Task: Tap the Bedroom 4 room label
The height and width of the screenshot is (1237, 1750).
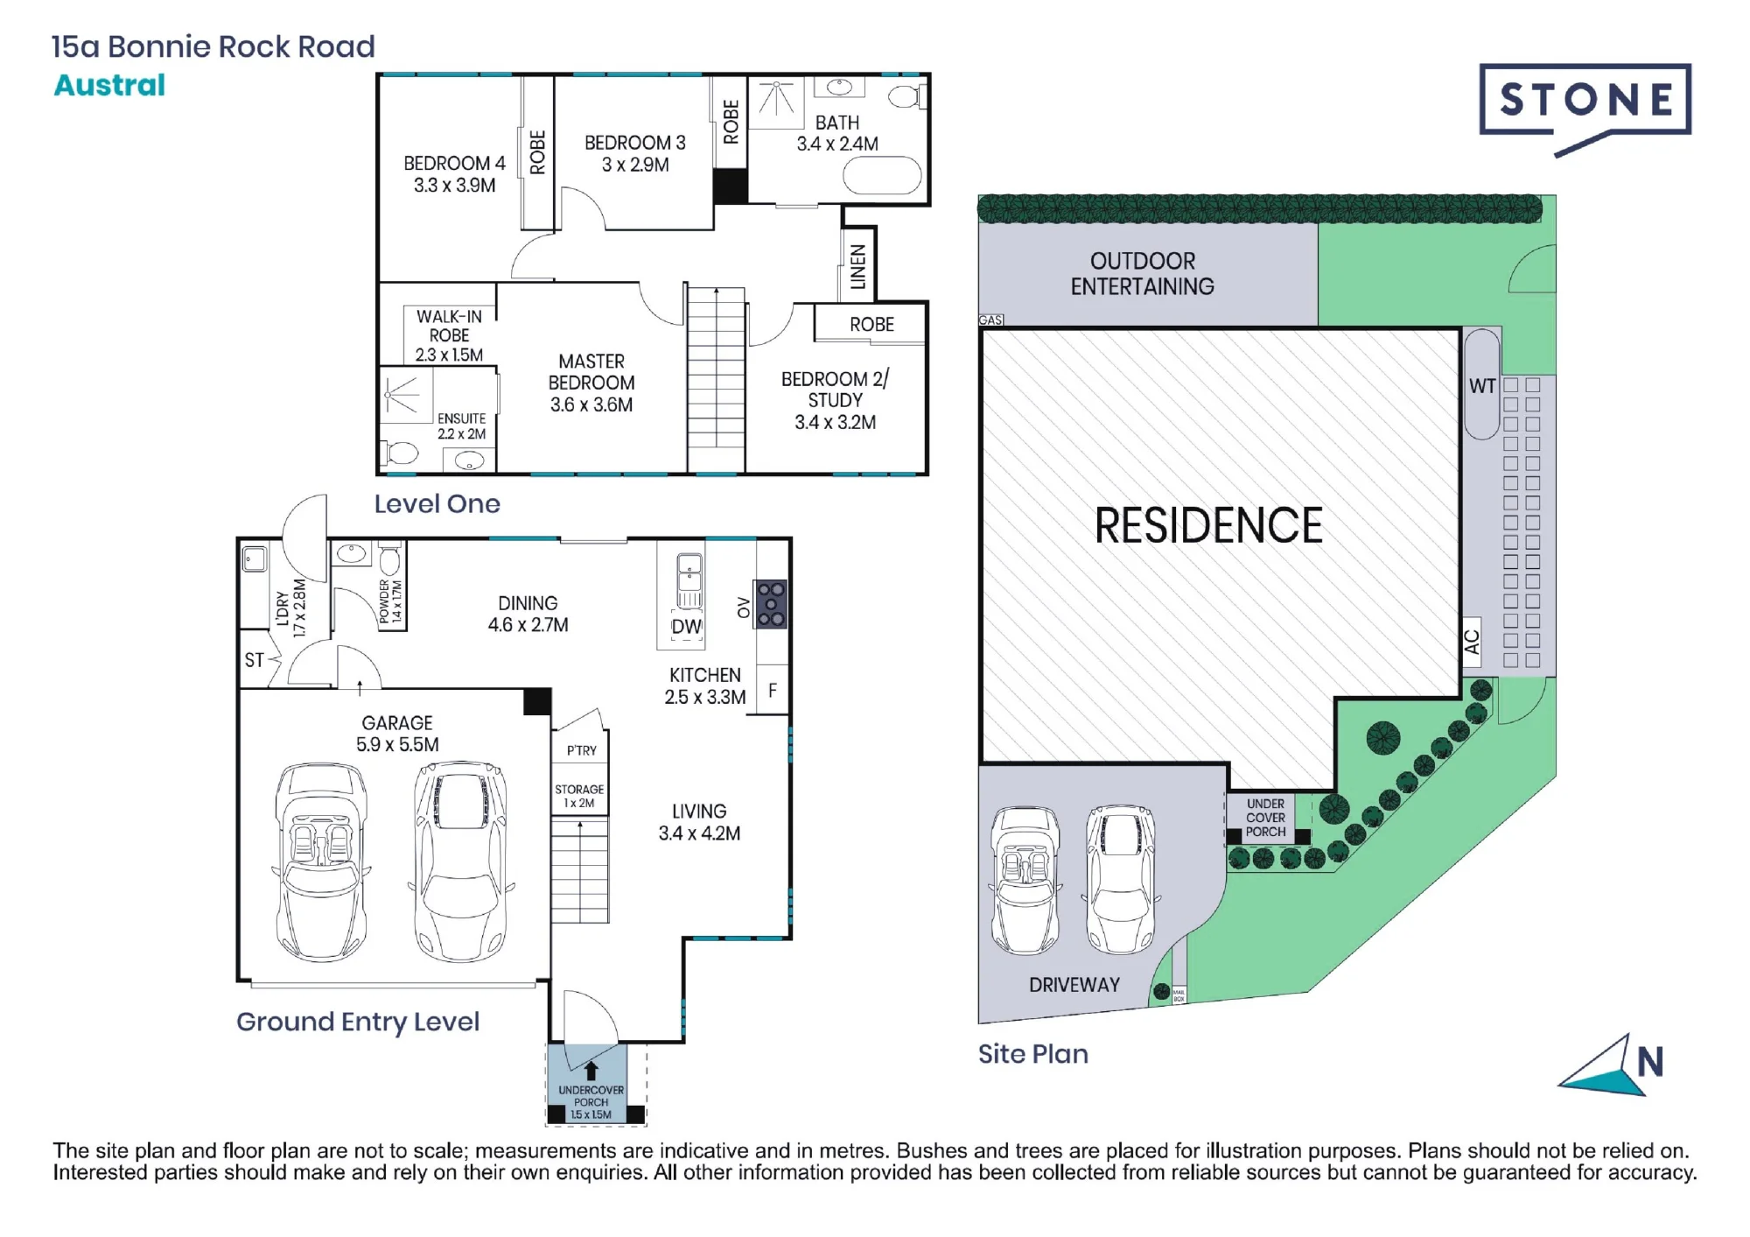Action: [x=454, y=174]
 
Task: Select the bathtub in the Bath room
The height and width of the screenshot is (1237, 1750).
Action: [x=882, y=176]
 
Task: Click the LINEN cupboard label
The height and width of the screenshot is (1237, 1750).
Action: [x=857, y=267]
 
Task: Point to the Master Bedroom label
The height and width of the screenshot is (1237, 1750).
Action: [x=591, y=383]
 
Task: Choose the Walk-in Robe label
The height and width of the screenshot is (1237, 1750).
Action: [x=449, y=335]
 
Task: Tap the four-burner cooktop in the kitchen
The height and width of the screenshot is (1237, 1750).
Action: [x=771, y=604]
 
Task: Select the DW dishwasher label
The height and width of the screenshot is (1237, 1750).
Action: [x=687, y=627]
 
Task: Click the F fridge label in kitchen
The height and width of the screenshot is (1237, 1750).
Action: [x=773, y=691]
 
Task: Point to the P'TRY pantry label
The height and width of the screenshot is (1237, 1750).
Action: [x=581, y=750]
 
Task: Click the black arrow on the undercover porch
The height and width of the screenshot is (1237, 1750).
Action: [x=591, y=1070]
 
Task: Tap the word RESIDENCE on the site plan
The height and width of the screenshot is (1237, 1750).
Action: [x=1208, y=525]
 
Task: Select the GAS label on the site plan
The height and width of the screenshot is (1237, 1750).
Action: [x=990, y=320]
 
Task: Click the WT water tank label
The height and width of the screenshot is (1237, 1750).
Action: [x=1482, y=386]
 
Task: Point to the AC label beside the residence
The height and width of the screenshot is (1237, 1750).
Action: [x=1472, y=642]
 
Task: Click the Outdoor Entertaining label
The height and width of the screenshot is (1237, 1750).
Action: [x=1142, y=273]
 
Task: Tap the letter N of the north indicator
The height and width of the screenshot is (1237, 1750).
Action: [x=1650, y=1062]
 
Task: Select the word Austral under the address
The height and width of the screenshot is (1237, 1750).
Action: [x=109, y=85]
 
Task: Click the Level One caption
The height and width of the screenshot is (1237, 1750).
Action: [x=437, y=503]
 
